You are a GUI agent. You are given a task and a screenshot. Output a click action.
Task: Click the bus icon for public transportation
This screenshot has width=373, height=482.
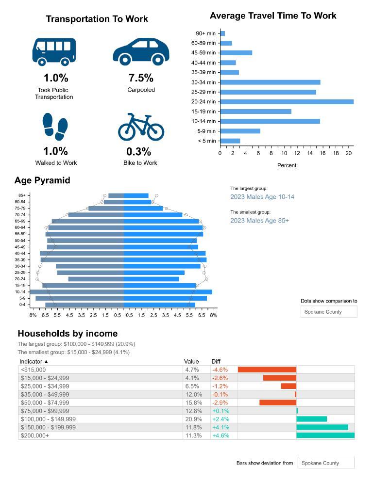(54, 51)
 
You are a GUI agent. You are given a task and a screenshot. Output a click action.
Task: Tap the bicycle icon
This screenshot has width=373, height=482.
(141, 127)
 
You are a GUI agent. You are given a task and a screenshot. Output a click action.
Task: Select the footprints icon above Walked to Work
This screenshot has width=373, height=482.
(55, 127)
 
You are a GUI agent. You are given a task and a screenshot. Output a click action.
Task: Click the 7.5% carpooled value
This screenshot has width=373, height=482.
(141, 78)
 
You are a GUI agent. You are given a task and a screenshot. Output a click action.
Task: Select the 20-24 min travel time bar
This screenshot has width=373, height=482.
(287, 102)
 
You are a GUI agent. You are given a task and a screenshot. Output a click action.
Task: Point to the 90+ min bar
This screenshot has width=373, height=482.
(222, 33)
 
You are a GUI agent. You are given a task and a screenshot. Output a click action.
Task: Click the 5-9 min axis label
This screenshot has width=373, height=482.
(207, 131)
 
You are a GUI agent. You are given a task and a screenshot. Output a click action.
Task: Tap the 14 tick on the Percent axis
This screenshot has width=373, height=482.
(310, 153)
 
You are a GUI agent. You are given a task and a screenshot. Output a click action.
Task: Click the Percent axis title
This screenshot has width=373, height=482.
(287, 165)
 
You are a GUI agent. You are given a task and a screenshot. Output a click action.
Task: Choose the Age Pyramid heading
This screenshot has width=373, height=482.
(42, 180)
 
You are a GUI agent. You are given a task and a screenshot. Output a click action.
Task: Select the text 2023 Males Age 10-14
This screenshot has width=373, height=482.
(262, 197)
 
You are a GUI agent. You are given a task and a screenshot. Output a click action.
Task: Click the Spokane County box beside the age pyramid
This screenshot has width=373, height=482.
(329, 312)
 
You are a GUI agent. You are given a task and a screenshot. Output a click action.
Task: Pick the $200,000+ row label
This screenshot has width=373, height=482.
(34, 435)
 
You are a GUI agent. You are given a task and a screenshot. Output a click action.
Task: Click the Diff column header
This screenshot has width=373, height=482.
(216, 361)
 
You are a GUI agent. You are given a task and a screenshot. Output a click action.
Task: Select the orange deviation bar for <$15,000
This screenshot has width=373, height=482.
(267, 370)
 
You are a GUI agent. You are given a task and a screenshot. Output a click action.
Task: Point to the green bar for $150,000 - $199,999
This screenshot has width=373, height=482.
(322, 427)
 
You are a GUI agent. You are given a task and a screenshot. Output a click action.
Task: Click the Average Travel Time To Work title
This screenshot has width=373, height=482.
(273, 16)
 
